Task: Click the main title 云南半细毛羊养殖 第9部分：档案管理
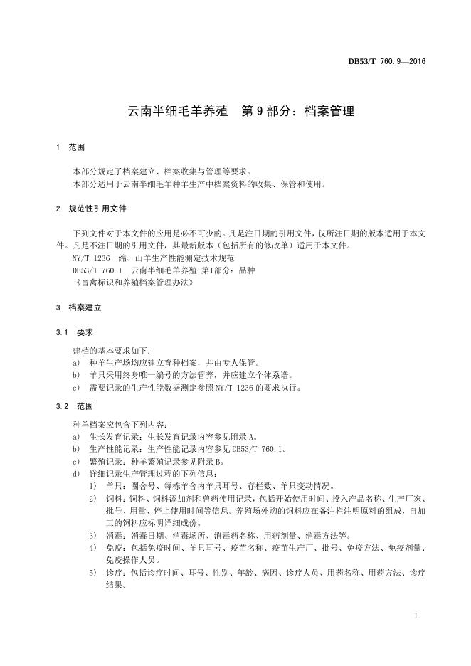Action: click(x=240, y=112)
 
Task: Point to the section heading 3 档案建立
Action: click(x=78, y=308)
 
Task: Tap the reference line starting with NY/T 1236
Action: click(x=153, y=258)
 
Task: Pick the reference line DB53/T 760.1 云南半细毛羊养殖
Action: click(x=163, y=270)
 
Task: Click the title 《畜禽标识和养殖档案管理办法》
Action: click(x=133, y=282)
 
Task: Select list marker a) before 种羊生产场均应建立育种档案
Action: click(x=76, y=363)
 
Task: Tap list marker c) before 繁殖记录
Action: click(x=76, y=461)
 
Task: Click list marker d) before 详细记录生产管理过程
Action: click(x=76, y=474)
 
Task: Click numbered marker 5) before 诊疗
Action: click(x=93, y=573)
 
